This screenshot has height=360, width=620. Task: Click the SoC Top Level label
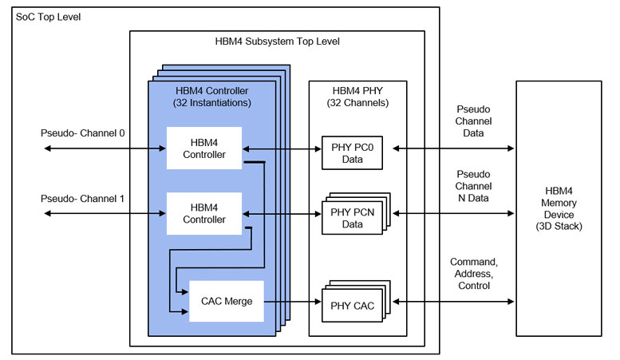pos(48,17)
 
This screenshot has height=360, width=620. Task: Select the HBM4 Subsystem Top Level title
pos(275,42)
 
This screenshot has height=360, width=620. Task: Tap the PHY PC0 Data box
pos(351,153)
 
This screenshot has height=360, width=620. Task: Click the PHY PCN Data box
pos(351,219)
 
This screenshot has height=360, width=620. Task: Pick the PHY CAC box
pos(351,304)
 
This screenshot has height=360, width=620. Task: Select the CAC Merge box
pos(226,301)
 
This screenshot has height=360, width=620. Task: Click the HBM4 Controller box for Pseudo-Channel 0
pos(203,148)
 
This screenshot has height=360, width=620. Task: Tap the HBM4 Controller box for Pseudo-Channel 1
pos(203,213)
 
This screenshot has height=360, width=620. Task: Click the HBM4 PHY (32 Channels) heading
pos(357,97)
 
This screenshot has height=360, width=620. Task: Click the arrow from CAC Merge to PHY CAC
pos(292,302)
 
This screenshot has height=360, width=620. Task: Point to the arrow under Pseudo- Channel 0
pos(104,148)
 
